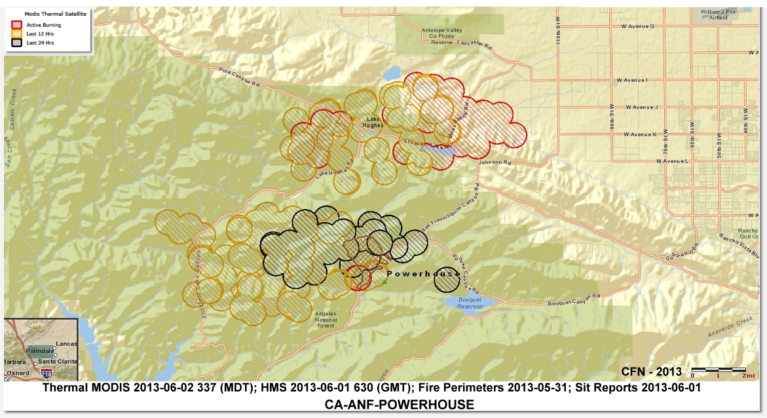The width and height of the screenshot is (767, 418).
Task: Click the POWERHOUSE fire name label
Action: pos(423,273)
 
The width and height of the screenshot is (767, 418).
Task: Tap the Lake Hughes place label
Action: pos(373,122)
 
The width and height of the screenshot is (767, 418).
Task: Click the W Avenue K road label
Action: pos(640,134)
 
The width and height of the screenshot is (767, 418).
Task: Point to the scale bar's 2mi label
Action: pos(740,376)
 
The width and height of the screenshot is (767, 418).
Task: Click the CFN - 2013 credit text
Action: pos(651,372)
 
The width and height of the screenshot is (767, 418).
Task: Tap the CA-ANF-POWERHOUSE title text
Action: pos(399,404)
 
